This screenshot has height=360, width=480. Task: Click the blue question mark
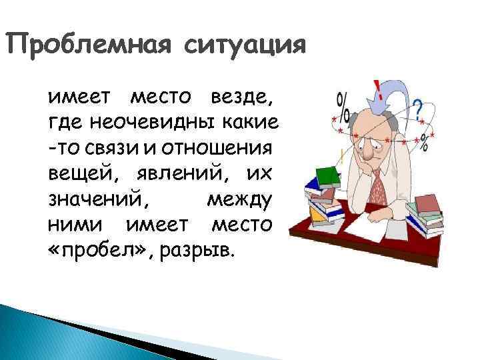click(x=418, y=108)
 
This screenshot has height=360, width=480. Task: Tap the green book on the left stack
click(x=327, y=175)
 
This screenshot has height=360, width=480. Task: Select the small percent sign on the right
click(x=421, y=141)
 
